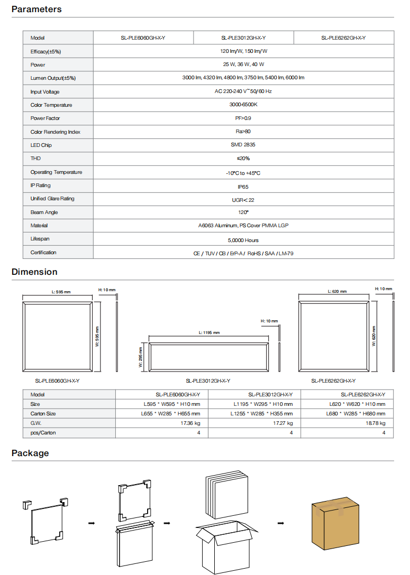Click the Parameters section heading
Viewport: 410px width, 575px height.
point(37,10)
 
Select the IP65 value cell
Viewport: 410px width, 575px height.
point(243,186)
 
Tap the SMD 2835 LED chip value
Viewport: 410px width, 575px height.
point(243,145)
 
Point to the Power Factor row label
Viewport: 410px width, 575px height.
point(45,118)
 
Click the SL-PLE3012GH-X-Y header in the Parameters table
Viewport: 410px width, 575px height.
point(243,38)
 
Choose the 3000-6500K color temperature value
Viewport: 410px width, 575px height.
point(243,105)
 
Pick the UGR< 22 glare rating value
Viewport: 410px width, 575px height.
point(243,200)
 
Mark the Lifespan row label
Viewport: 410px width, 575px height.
point(41,239)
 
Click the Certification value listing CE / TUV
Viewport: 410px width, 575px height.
point(243,253)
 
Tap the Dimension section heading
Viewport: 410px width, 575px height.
point(34,272)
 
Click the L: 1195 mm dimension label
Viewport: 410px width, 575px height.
point(209,332)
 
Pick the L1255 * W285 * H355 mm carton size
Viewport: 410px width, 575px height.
point(261,414)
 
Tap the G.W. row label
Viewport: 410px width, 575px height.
point(36,423)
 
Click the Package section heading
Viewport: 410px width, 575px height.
point(30,453)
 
